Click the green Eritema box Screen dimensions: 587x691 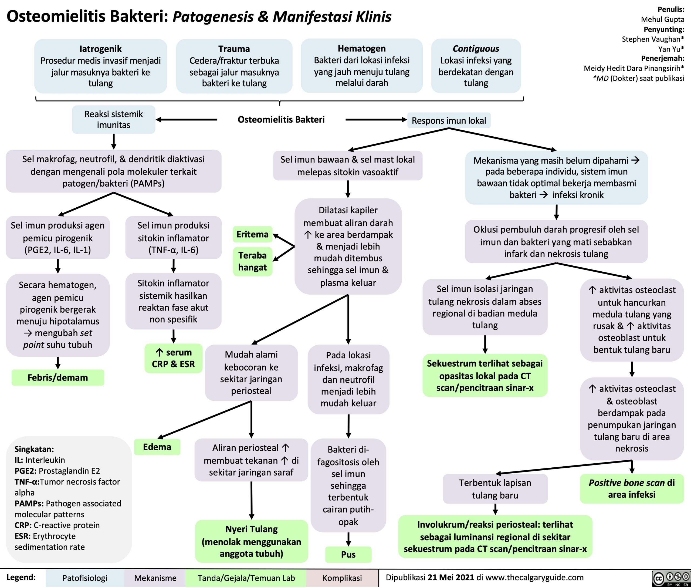coord(253,235)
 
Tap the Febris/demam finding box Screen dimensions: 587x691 coord(58,377)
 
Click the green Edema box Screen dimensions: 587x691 coord(157,447)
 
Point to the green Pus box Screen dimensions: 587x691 coord(348,554)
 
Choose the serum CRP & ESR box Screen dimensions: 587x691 coord(173,358)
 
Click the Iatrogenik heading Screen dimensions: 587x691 coord(100,49)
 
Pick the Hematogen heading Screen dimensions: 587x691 coord(362,49)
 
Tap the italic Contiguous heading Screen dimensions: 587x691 coord(476,49)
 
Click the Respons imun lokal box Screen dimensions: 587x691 coord(449,120)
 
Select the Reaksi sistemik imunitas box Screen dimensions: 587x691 coord(114,119)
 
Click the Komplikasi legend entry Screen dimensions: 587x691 coord(342,578)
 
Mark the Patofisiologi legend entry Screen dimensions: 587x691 coord(85,578)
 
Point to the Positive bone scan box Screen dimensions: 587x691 coord(631,488)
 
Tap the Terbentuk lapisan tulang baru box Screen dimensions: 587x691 coord(495,489)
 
